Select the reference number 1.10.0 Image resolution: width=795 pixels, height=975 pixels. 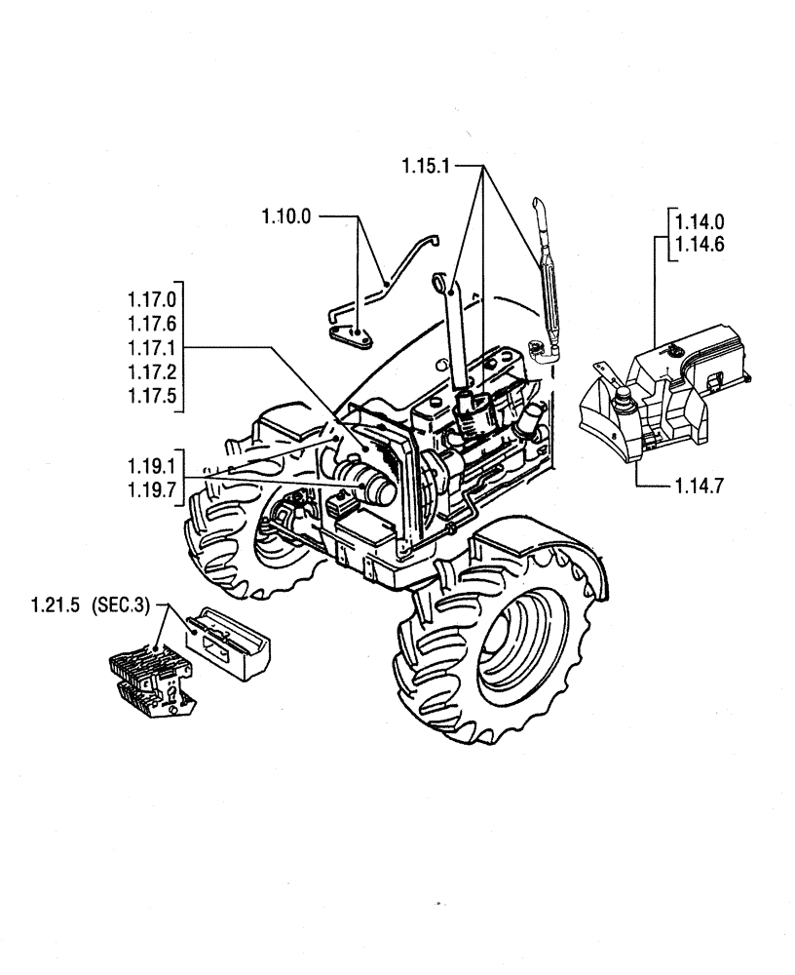pyautogui.click(x=285, y=215)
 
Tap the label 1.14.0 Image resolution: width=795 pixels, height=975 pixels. pyautogui.click(x=699, y=223)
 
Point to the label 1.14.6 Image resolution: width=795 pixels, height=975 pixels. pyautogui.click(x=699, y=246)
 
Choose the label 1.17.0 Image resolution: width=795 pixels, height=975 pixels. pyautogui.click(x=150, y=296)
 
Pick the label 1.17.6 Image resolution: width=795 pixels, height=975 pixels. pyautogui.click(x=150, y=322)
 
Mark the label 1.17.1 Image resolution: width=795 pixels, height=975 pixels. pyautogui.click(x=150, y=347)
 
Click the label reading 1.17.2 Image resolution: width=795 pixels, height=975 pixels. pyautogui.click(x=150, y=372)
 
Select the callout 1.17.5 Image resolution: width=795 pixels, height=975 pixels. pyautogui.click(x=150, y=397)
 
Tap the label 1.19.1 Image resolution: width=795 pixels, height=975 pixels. pyautogui.click(x=150, y=466)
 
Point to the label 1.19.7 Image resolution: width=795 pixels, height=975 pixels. pyautogui.click(x=150, y=489)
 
